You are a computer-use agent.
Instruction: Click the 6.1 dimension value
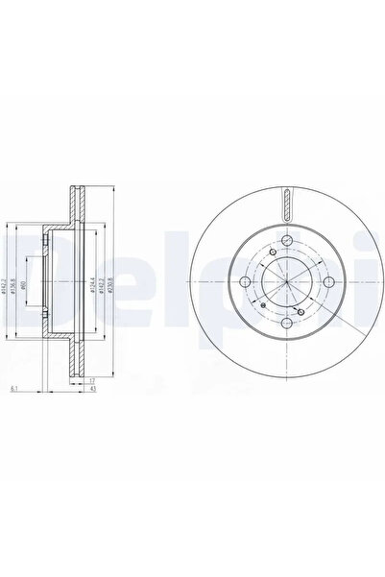click(13, 388)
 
